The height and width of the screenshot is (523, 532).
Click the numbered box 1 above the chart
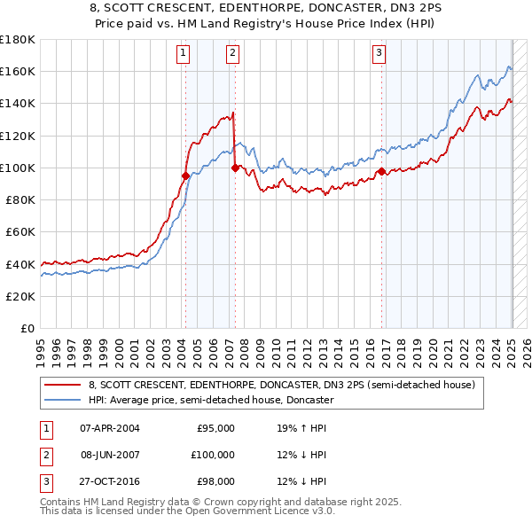click(x=183, y=53)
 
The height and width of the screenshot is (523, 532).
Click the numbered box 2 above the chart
click(x=232, y=53)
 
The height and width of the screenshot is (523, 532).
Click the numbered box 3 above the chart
click(x=379, y=53)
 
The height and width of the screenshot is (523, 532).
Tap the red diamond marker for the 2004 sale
click(x=185, y=176)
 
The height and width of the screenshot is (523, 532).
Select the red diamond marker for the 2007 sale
click(x=235, y=168)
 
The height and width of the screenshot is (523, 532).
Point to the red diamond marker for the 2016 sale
click(x=381, y=171)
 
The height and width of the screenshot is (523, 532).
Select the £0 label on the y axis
click(x=27, y=328)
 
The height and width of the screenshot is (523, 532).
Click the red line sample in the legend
click(x=64, y=385)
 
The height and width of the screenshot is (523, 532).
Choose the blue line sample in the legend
click(x=64, y=400)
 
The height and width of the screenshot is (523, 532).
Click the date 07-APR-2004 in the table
click(x=109, y=428)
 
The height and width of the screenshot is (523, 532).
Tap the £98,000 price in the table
click(x=214, y=481)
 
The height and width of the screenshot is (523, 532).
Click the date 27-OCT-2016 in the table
click(x=109, y=481)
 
